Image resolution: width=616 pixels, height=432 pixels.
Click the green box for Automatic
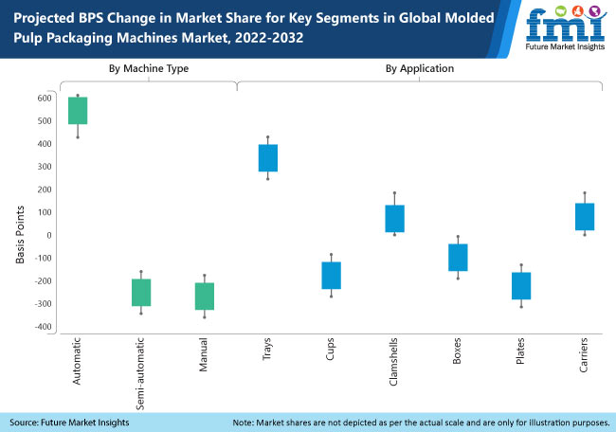coord(78,111)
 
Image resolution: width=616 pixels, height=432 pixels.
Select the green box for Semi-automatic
coord(141,293)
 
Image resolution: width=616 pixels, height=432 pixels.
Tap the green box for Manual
coord(204,297)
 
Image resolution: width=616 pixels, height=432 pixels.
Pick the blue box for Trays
coord(267,158)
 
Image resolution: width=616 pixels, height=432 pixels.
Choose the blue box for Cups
coord(331,276)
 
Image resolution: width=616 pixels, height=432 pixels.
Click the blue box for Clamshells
coord(394,219)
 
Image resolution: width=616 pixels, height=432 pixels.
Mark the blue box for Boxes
coord(458,258)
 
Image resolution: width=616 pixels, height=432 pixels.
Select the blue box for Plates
coord(521,286)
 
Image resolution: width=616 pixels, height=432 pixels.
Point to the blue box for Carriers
coord(585,217)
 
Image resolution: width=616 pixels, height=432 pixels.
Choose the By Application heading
coord(419,69)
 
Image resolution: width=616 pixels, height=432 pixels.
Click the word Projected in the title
coord(45,17)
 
